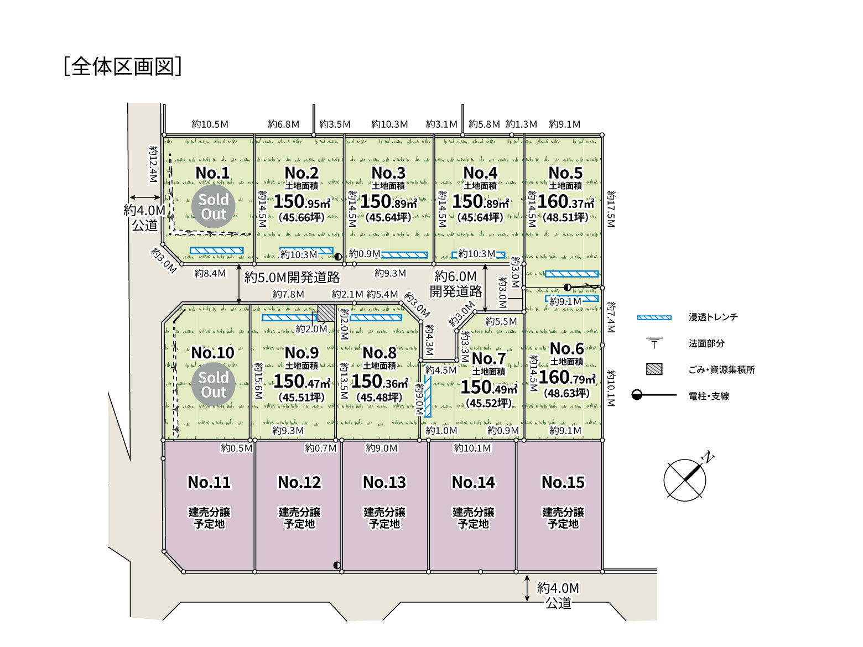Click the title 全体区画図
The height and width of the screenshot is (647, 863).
[x=123, y=66]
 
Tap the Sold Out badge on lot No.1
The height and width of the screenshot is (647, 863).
[x=214, y=207]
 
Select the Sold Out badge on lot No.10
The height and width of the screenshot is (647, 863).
[x=214, y=384]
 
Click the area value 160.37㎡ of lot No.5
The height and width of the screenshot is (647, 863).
[x=566, y=201]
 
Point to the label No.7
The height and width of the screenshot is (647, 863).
[x=488, y=358]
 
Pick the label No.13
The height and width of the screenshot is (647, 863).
[x=384, y=482]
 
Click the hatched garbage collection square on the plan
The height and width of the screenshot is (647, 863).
[x=326, y=313]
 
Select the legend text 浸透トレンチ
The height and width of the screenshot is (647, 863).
[x=713, y=317]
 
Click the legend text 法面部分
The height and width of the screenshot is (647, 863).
[x=706, y=343]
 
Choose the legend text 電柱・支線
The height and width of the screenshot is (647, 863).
[x=709, y=396]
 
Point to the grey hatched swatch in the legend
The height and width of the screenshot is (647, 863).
[x=654, y=369]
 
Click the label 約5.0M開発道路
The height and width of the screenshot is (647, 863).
[x=292, y=278]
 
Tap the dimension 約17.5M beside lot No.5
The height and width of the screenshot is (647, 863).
[x=611, y=209]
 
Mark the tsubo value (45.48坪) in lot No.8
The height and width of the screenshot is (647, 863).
[x=379, y=397]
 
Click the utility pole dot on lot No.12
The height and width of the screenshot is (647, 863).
[x=337, y=565]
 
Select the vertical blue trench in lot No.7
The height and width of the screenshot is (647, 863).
[x=428, y=396]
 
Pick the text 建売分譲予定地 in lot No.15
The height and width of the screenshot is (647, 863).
[x=563, y=518]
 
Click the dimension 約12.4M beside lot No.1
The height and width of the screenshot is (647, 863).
[x=153, y=164]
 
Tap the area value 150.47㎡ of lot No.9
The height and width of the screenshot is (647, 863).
[x=302, y=382]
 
